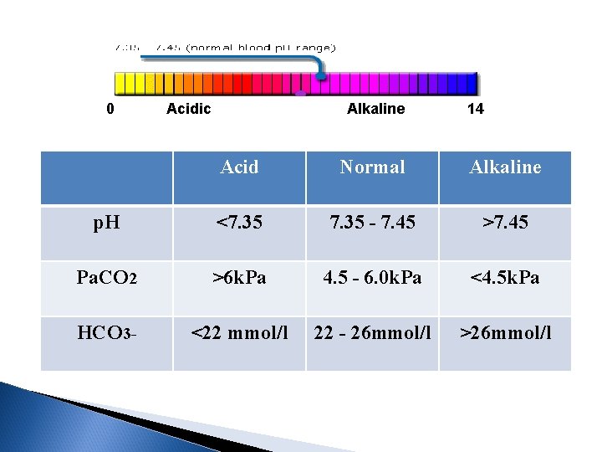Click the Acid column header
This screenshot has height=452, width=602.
pos(239,167)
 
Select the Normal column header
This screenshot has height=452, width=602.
pos(372,167)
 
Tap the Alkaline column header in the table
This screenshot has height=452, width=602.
pos(505,167)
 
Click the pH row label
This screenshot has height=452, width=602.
pos(106,223)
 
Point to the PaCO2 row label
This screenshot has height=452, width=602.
pos(106,277)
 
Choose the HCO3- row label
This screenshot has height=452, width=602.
pos(106,333)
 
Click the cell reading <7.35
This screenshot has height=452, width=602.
pos(239,223)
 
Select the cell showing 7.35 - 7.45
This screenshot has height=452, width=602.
pos(372,223)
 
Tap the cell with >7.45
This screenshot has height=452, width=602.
pos(505,223)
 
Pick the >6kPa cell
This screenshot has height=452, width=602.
pos(239,277)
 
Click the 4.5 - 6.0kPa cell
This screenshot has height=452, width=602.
pos(372,277)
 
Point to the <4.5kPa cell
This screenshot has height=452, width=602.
pos(505,277)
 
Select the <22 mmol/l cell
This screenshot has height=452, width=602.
pos(239,333)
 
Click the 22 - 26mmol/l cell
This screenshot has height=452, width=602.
pos(372,333)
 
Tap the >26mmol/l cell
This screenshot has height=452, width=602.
pos(505,333)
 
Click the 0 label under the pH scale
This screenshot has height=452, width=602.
pos(110,109)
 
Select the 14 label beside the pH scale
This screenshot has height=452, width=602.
pos(475,109)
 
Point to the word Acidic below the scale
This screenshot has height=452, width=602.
pos(189,109)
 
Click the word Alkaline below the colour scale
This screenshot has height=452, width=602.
pos(375,109)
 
